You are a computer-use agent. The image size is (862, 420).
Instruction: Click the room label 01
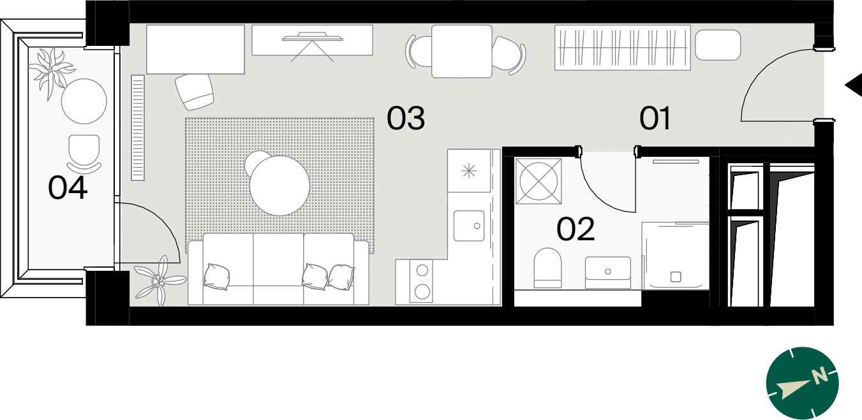[x=655, y=118]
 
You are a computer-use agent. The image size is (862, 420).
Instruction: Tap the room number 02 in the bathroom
[x=576, y=229]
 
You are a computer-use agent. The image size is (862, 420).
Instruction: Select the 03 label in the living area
[x=406, y=118]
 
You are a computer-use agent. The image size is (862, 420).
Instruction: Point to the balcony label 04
[x=68, y=187]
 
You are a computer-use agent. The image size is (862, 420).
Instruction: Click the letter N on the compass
[x=820, y=375]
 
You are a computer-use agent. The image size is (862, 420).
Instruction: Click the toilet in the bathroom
[x=547, y=268]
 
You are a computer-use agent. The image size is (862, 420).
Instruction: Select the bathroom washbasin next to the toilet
[x=607, y=272]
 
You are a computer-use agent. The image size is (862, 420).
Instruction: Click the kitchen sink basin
[x=469, y=226]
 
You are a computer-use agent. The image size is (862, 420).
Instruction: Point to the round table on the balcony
[x=84, y=101]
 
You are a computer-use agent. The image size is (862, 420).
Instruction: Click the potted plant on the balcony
[x=52, y=72]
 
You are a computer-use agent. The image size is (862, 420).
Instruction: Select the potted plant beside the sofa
[x=159, y=280]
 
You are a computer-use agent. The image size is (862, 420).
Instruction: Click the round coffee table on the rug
[x=279, y=185]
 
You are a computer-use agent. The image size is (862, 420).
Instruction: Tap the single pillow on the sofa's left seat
[x=217, y=277]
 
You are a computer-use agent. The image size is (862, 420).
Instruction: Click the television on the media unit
[x=312, y=37]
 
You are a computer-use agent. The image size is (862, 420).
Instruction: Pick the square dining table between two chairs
[x=462, y=52]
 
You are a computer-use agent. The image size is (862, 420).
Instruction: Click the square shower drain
[x=676, y=277]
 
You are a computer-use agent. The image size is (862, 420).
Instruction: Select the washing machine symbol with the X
[x=539, y=180]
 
